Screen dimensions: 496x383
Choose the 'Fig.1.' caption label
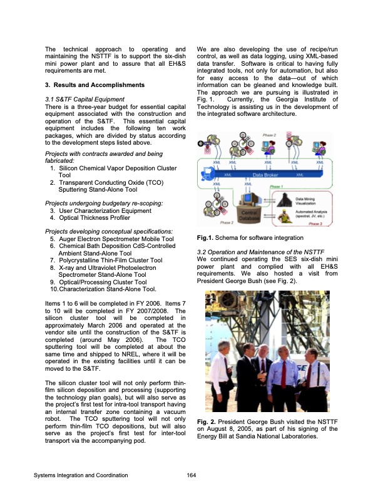206,239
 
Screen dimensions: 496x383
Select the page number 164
191,475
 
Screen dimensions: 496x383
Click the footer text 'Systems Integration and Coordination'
81,475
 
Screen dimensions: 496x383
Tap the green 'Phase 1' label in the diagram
277,186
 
